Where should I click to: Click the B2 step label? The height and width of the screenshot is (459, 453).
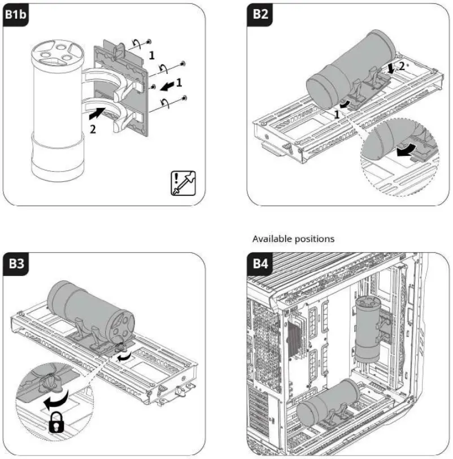pyautogui.click(x=260, y=15)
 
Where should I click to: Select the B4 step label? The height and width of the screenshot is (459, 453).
pyautogui.click(x=260, y=265)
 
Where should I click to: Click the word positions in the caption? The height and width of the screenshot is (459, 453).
pyautogui.click(x=315, y=239)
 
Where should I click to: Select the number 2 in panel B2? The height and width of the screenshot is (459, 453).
pyautogui.click(x=402, y=66)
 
